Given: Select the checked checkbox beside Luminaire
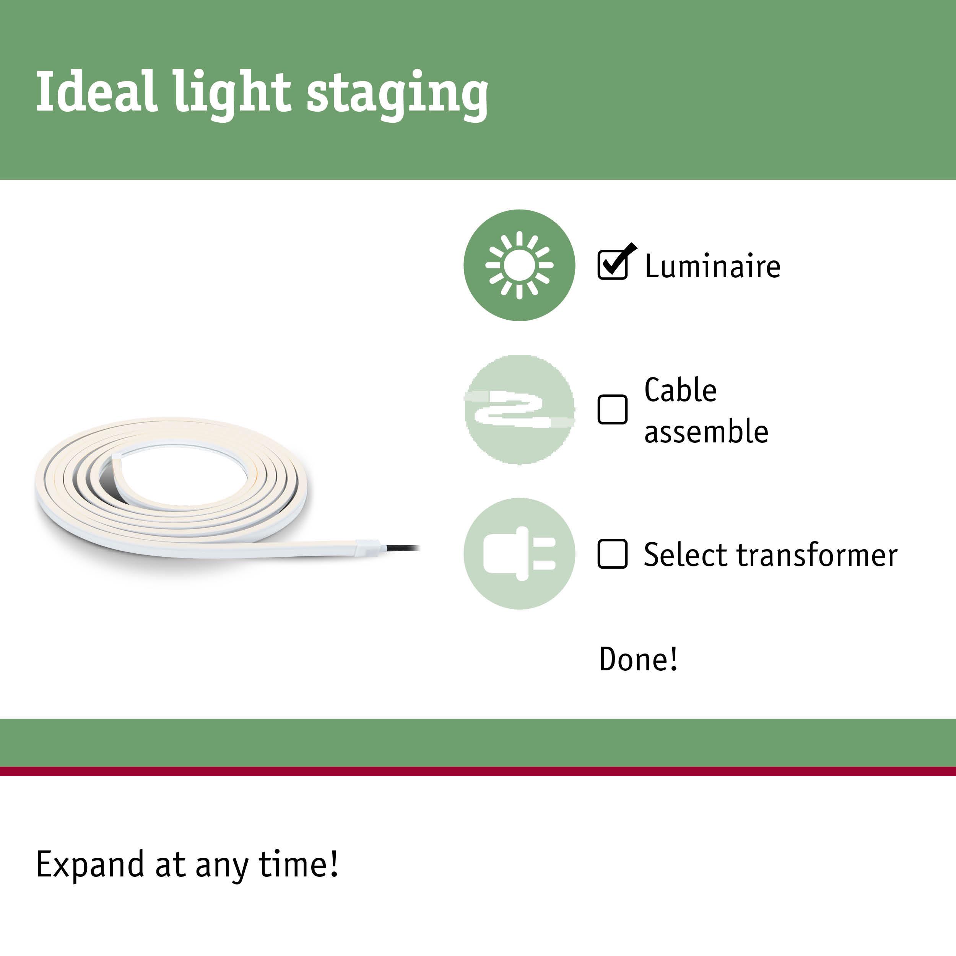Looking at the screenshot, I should (613, 265).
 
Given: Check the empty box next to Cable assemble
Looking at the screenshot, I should (613, 409).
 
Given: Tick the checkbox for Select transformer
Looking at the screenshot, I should (613, 554).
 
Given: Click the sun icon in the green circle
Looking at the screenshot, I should (519, 265).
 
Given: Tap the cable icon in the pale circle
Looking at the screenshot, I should (519, 410).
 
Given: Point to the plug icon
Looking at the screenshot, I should (519, 554).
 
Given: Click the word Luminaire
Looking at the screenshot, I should (712, 266).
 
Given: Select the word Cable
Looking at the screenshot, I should (680, 390).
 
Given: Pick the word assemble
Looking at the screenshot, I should (706, 431).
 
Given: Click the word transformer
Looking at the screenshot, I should (817, 555).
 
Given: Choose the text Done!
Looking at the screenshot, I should (638, 659).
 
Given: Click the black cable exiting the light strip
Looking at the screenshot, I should (401, 548).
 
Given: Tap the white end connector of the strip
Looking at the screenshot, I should (367, 548).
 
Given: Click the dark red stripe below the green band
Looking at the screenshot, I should (478, 771).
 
